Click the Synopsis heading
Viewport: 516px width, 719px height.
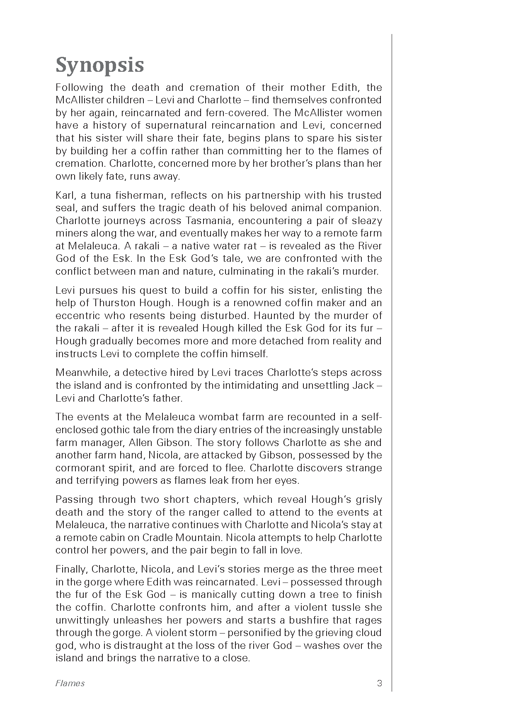pos(99,65)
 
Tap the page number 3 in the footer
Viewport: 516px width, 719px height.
pos(379,683)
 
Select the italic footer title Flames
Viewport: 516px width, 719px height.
pos(70,683)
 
